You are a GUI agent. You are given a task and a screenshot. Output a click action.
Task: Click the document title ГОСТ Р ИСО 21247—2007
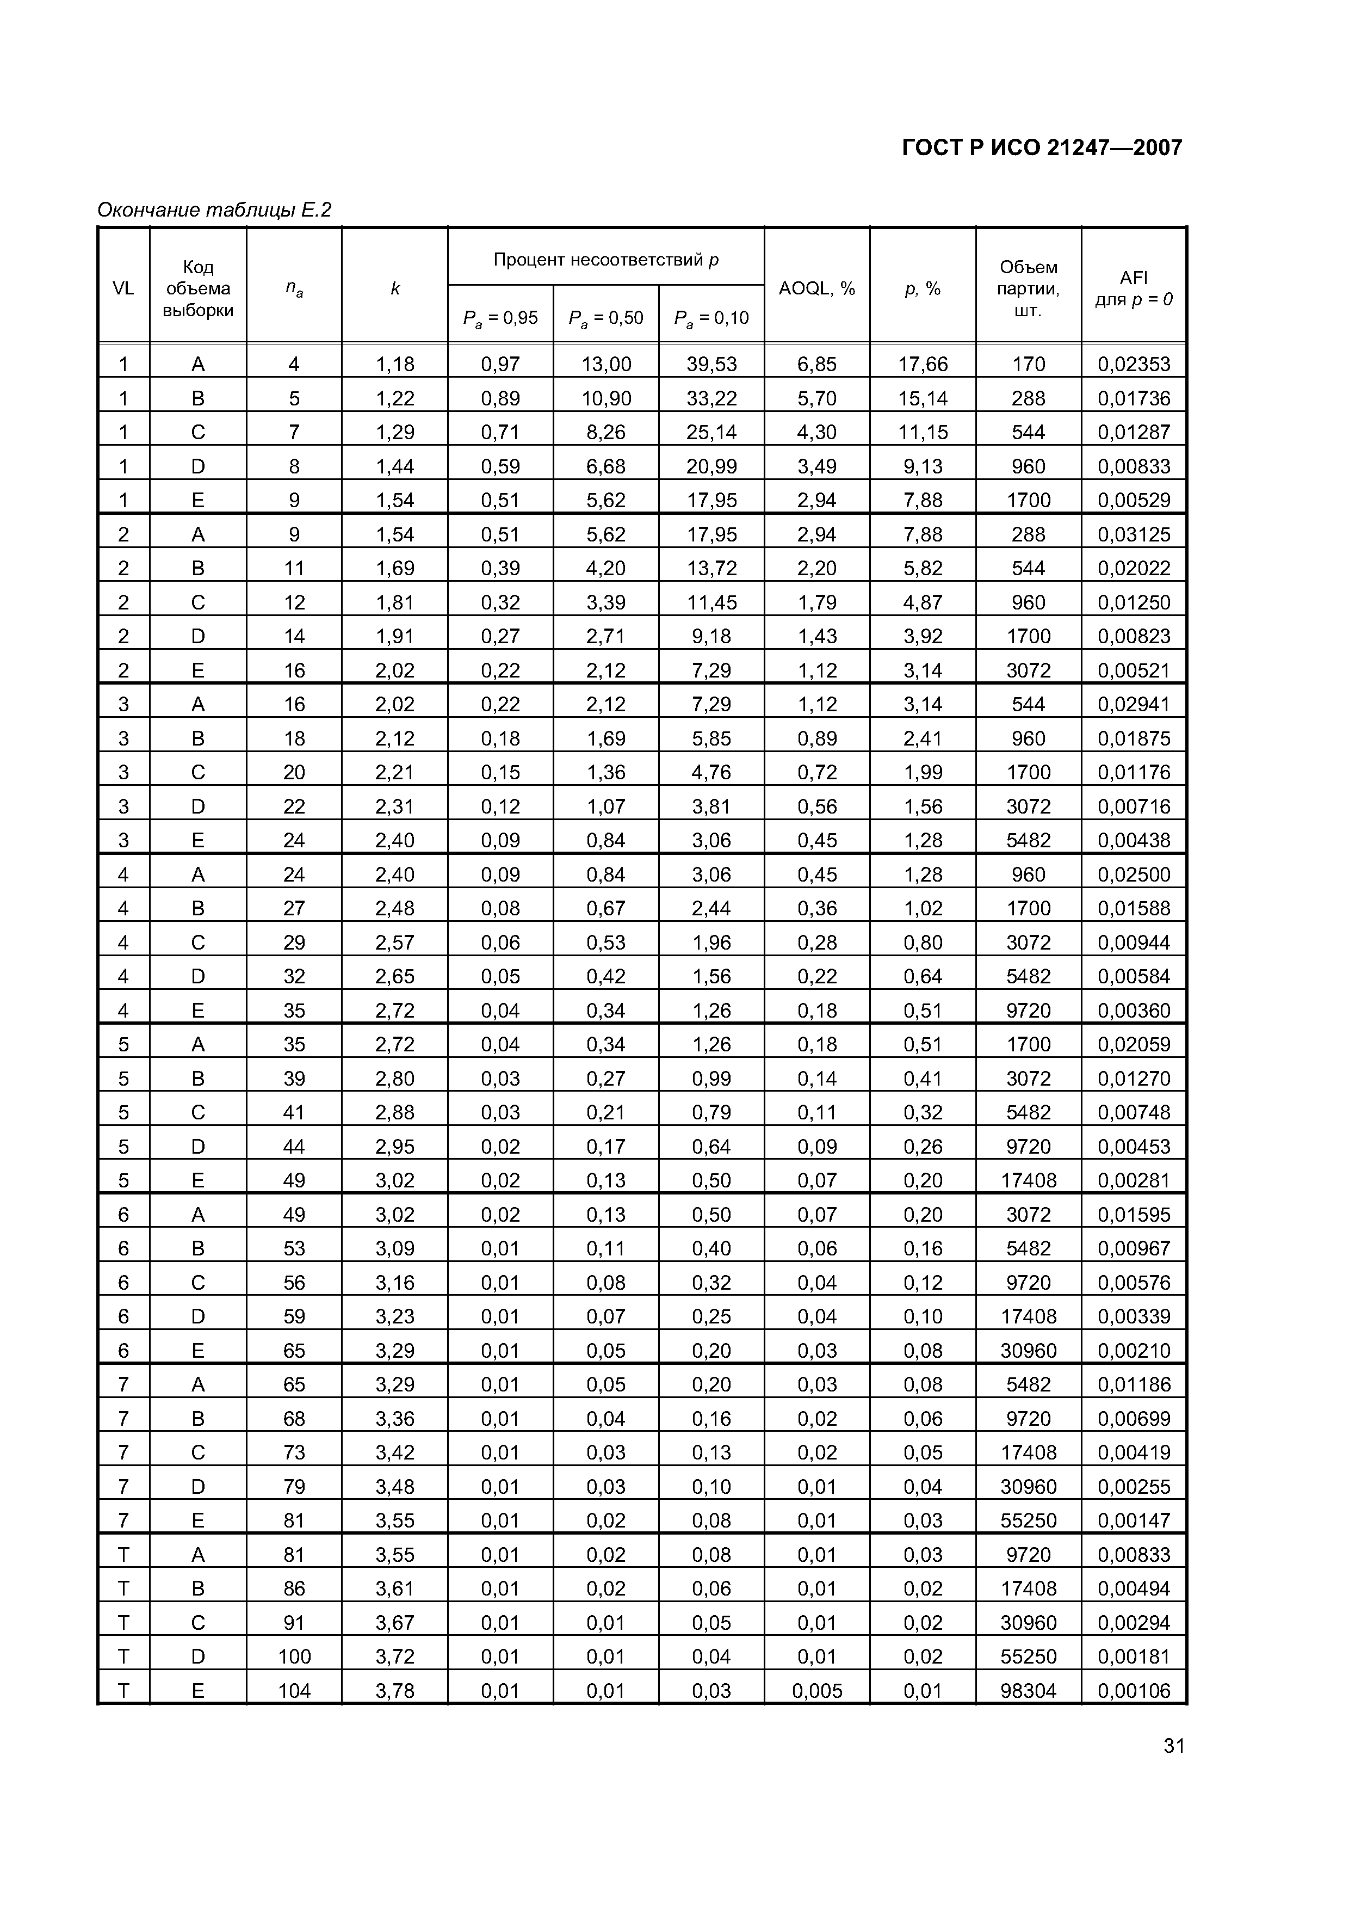tap(1042, 148)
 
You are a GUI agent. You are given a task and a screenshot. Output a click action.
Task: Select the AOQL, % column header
tap(816, 288)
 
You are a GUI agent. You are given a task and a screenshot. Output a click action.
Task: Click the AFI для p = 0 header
tap(1133, 288)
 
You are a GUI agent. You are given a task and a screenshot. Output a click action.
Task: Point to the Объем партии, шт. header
tap(1028, 288)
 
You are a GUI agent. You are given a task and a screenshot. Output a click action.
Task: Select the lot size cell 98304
tap(1028, 1691)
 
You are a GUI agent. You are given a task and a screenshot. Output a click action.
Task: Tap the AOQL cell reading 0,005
tap(816, 1691)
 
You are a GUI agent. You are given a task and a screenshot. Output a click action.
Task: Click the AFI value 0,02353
tap(1133, 364)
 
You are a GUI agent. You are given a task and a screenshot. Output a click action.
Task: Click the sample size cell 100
tap(294, 1657)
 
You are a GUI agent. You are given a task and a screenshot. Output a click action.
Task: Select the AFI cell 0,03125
tap(1133, 534)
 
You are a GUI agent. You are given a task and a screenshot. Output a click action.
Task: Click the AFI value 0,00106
tap(1133, 1691)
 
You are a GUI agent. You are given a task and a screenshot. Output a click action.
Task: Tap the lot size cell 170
tap(1028, 364)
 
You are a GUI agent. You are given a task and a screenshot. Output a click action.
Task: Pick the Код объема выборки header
tap(198, 288)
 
